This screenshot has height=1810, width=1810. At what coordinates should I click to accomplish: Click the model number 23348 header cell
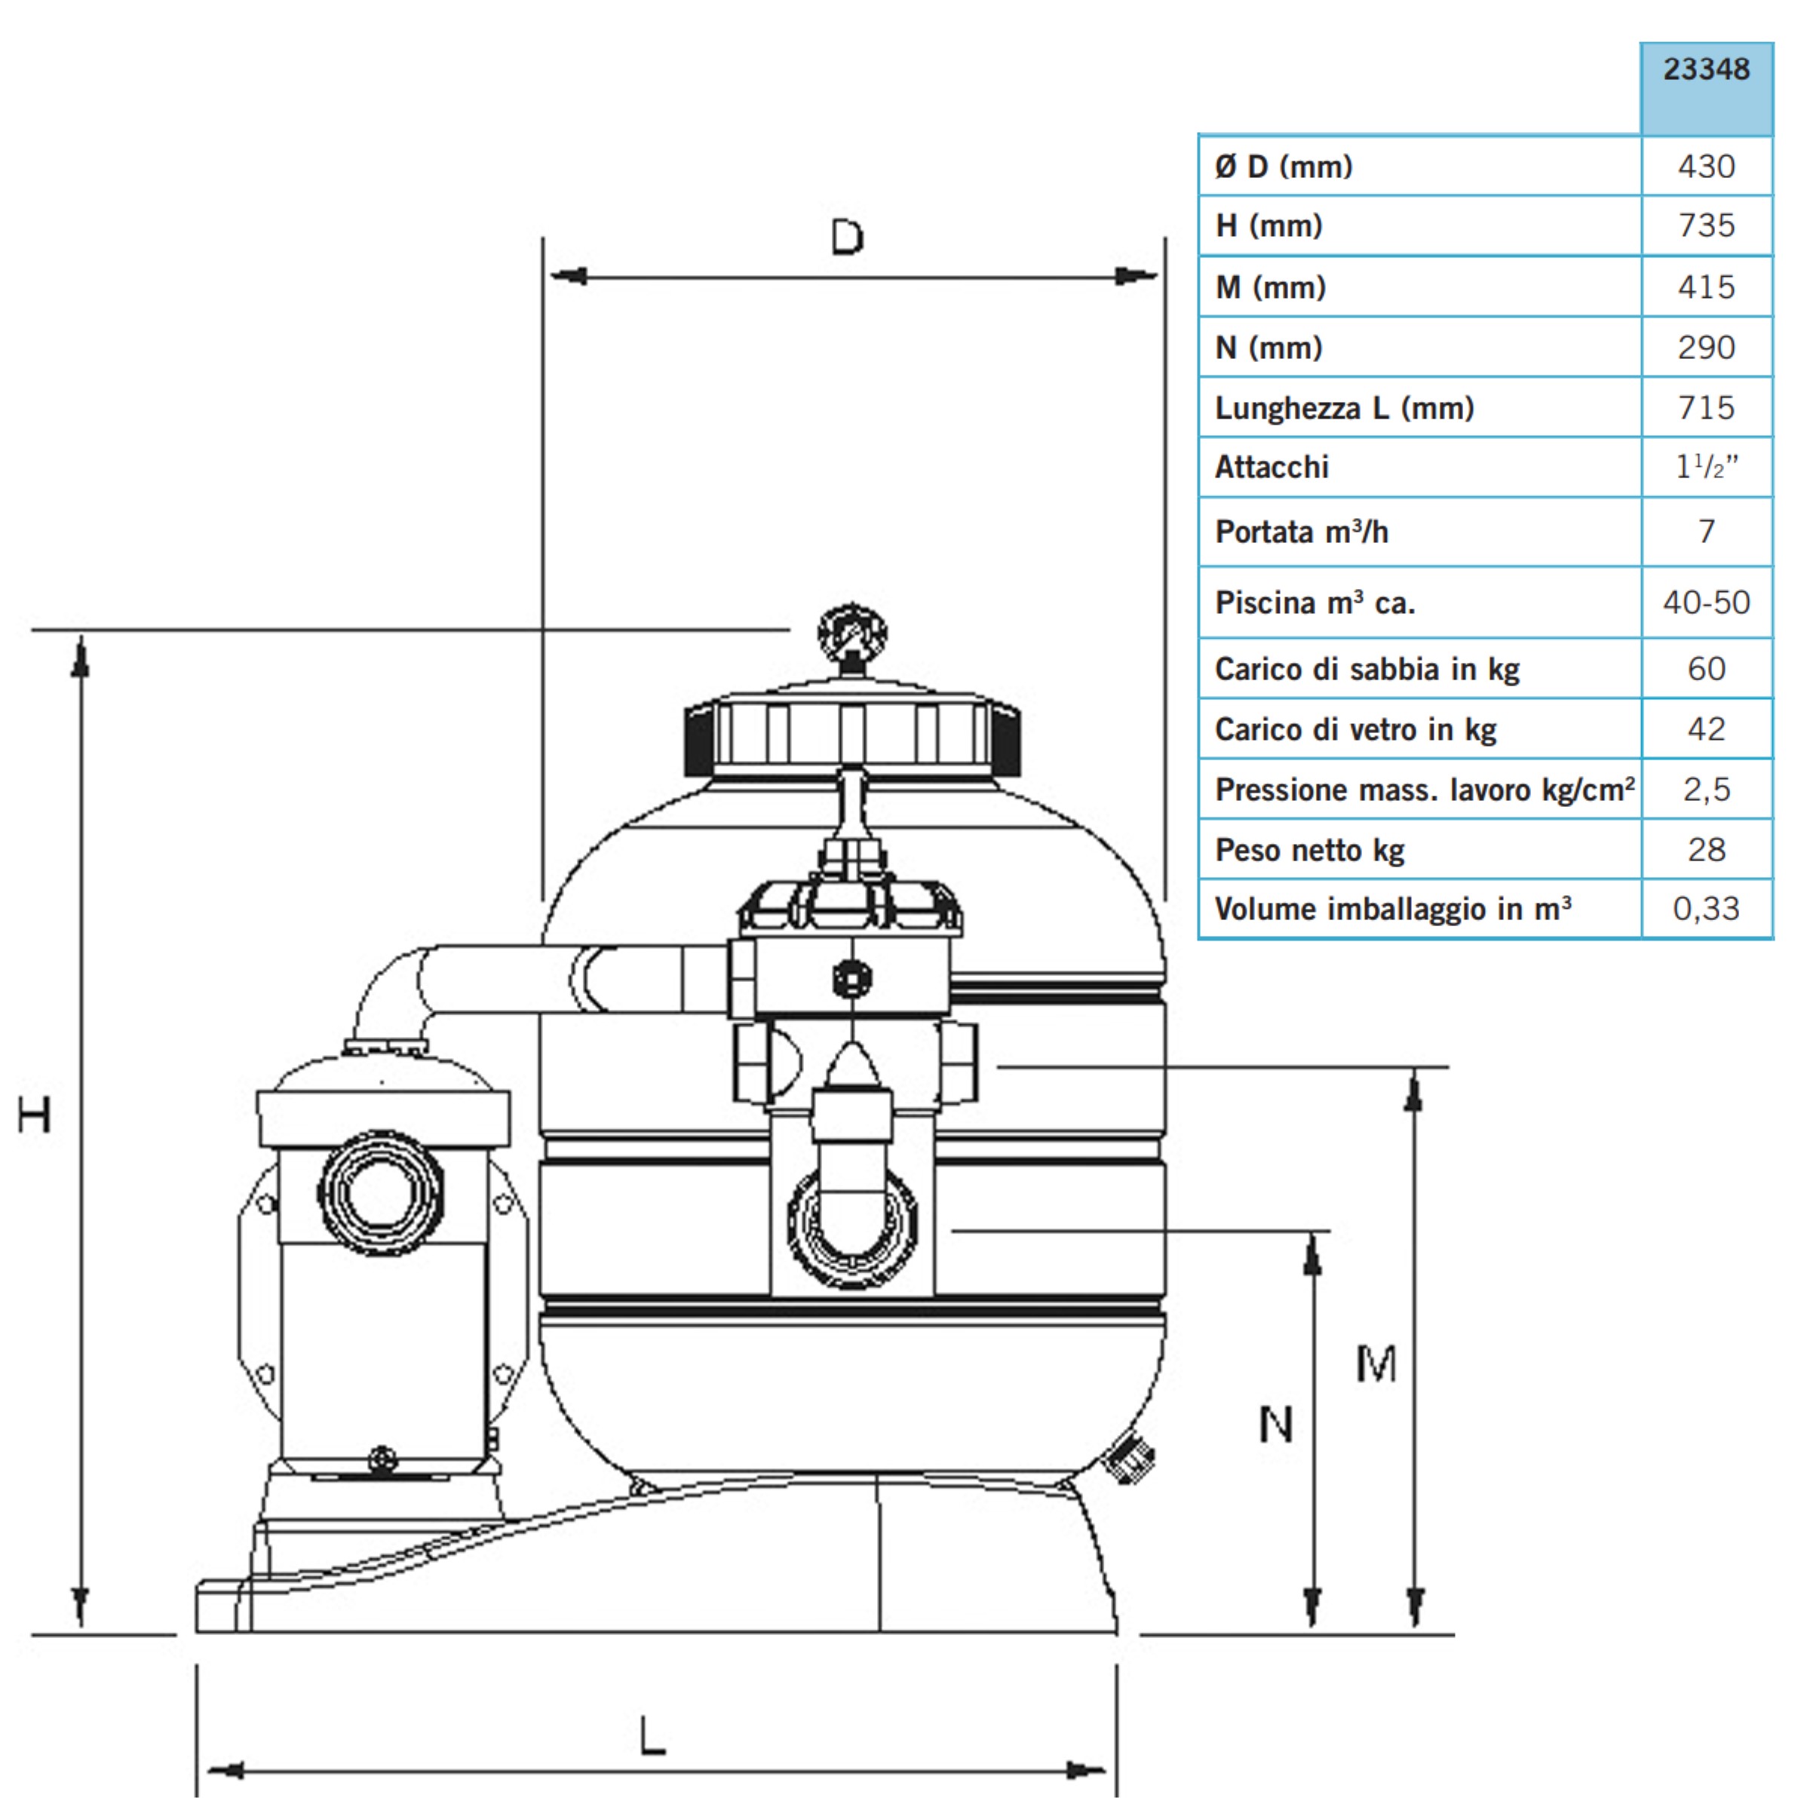coord(1706,69)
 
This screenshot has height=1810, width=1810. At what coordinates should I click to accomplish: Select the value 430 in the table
coord(1706,166)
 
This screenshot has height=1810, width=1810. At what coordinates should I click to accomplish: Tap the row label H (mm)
coord(1269,225)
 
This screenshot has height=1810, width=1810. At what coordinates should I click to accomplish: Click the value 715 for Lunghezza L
coord(1706,407)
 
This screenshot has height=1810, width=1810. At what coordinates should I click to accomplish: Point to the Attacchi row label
coord(1272,467)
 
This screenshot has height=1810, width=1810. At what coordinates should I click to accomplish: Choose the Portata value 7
coord(1706,531)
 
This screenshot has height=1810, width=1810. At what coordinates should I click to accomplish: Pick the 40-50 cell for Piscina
coord(1706,603)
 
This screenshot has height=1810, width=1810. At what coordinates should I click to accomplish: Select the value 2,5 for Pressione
coord(1706,790)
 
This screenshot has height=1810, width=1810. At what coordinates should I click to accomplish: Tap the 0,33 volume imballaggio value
coord(1706,909)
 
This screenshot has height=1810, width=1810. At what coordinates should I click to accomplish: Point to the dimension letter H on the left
coord(35,1115)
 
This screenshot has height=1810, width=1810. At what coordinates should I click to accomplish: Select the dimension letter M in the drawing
coord(1376,1364)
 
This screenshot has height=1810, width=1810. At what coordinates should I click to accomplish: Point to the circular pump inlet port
coord(380,1192)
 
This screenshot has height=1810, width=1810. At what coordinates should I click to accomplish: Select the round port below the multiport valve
coord(852,1226)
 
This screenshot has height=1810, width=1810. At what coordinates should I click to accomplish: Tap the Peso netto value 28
coord(1706,850)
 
